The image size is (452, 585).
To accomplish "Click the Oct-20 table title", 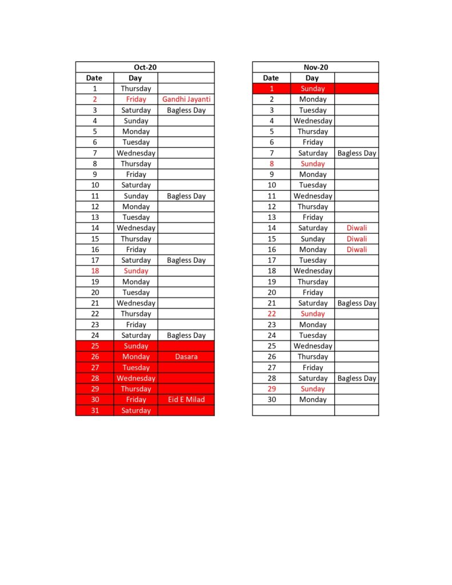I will [145, 67].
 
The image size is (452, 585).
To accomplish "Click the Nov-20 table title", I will [315, 67].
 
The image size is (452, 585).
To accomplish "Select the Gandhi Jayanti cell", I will [186, 99].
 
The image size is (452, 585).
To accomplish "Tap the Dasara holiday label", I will [186, 356].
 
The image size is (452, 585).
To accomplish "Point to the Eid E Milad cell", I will [186, 399].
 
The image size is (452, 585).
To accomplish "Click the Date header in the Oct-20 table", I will [94, 78].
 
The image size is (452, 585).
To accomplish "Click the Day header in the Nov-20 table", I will [312, 78].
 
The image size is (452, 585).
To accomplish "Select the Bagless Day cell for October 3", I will [186, 110].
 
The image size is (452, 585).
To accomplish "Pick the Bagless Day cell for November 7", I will [357, 153].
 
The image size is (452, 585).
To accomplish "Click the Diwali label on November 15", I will [357, 239].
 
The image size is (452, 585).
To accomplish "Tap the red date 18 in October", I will [95, 271].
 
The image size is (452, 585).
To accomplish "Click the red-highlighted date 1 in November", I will [272, 89].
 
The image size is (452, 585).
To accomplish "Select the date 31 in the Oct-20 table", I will [95, 410].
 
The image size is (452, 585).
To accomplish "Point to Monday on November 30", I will [313, 399].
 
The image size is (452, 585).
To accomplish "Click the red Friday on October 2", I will [136, 99].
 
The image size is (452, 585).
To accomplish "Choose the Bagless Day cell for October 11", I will [186, 196].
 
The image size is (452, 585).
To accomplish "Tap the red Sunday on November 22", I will [313, 314].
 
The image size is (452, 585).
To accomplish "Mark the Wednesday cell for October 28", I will [136, 378].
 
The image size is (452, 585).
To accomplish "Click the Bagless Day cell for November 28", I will [357, 378].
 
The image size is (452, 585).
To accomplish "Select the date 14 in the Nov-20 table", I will [272, 228].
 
